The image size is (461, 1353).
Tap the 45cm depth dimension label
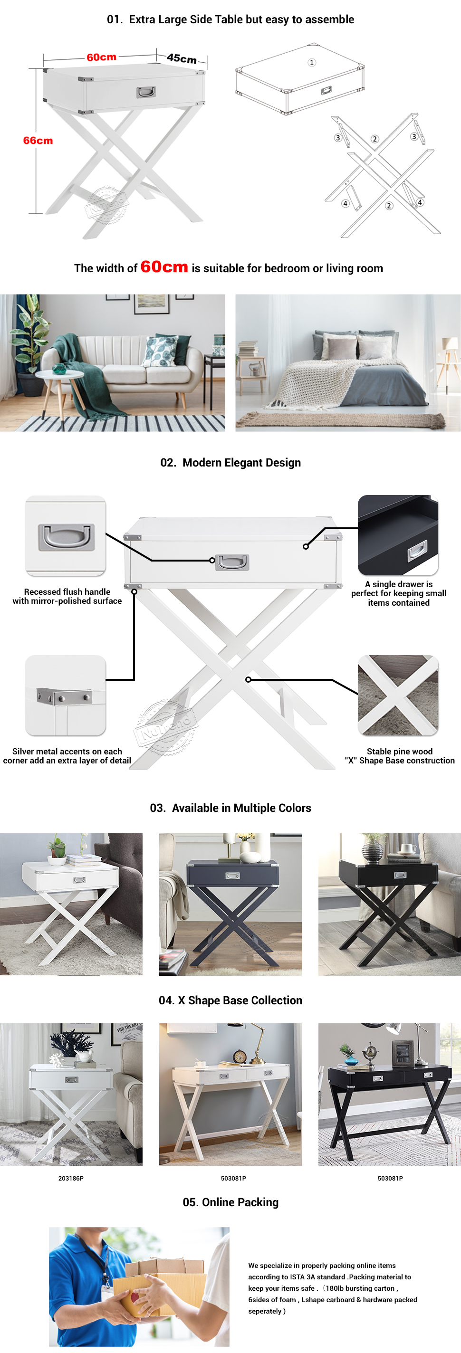point(182,58)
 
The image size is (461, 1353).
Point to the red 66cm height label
point(38,141)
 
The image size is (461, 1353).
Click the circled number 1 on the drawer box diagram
point(312,63)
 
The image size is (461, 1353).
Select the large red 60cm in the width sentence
point(164,267)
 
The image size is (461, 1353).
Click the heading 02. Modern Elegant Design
point(231,463)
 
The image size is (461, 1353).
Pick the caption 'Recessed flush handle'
point(67,591)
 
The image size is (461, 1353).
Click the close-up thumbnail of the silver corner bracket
point(66,695)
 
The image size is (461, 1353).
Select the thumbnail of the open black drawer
point(398,534)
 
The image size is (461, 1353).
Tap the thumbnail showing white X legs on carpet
point(398,695)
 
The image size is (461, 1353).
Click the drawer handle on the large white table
point(232,562)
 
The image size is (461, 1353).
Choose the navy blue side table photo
point(230,904)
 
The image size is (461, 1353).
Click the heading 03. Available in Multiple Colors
point(231,808)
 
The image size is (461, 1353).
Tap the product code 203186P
point(71,1178)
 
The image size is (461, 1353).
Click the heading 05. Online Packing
point(231,1202)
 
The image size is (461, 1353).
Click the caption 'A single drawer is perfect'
point(399,589)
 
